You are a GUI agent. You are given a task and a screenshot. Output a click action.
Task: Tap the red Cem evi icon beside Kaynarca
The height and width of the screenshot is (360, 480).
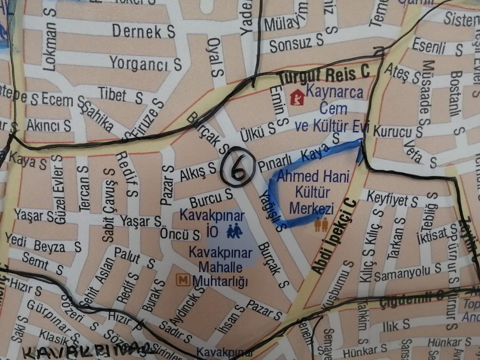pos(296,96)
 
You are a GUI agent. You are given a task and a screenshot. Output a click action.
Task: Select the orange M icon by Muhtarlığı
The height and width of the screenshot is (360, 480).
pos(183,280)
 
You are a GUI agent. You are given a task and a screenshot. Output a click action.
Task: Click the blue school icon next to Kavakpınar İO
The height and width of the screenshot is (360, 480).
pos(234,231)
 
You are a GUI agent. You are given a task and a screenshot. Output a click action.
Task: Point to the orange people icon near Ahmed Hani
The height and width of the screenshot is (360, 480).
pos(321,225)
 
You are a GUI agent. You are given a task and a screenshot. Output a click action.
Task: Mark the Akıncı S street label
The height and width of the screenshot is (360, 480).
pos(49,126)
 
